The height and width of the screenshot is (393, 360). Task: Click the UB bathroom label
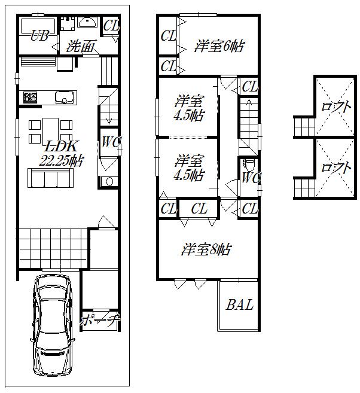[39, 36]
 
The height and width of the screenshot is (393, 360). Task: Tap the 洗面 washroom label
[81, 47]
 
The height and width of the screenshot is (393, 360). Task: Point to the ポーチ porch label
[100, 319]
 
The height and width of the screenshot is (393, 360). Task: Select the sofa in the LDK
[50, 178]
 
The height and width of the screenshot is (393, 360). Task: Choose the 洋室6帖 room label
[219, 46]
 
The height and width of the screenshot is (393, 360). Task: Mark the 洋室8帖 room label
[206, 249]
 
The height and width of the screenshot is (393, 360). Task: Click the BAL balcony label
[239, 304]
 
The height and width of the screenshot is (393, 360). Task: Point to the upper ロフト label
[335, 108]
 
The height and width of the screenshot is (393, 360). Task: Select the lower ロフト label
[335, 168]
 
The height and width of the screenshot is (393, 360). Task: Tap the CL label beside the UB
[111, 26]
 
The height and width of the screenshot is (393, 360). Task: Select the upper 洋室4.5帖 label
[188, 108]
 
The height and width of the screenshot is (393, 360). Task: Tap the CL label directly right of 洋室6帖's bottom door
[250, 87]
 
